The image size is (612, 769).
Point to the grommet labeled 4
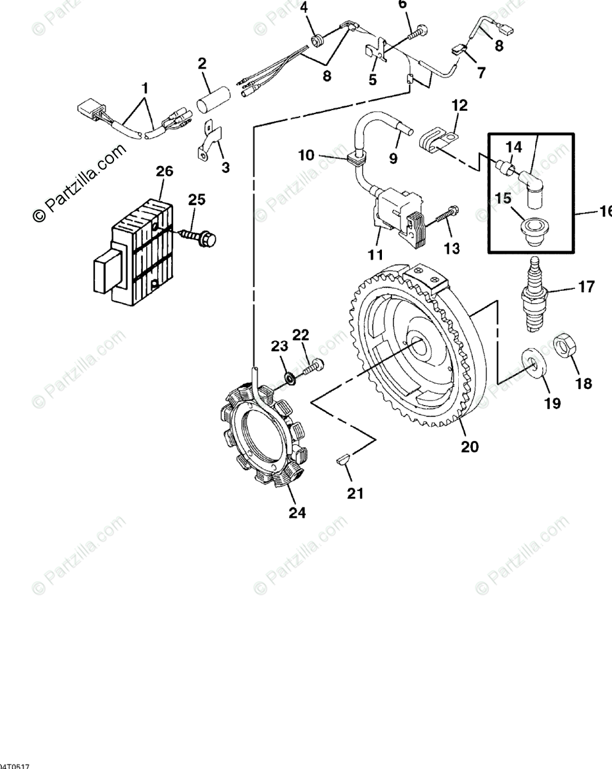tap(316, 41)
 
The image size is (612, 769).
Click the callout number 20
tap(470, 446)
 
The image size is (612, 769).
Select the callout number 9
tap(393, 157)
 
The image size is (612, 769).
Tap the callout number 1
tap(145, 86)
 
